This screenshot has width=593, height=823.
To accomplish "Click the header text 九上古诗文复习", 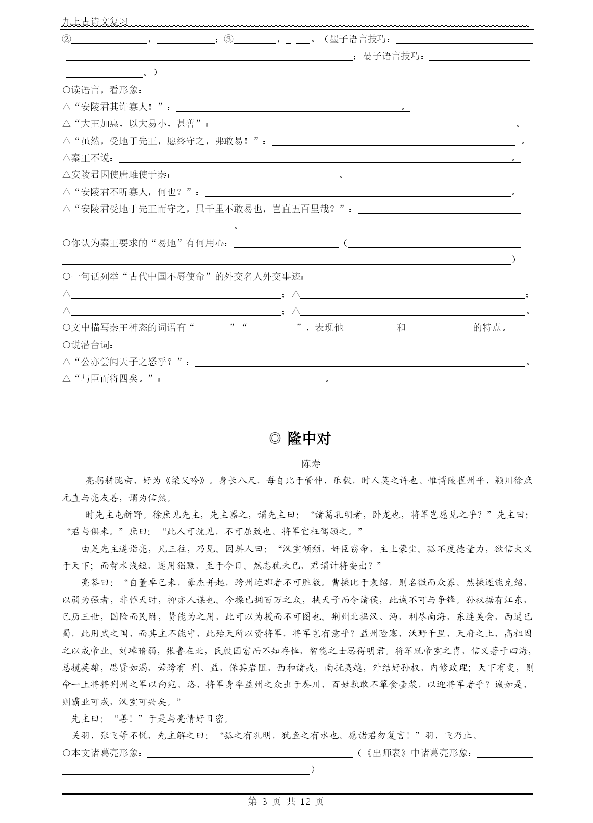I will [x=94, y=22].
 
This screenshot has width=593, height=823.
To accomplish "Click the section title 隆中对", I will [x=309, y=439].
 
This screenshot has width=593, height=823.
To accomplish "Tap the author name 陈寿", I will [x=311, y=464].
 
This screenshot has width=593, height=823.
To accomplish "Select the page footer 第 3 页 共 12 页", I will [x=286, y=801].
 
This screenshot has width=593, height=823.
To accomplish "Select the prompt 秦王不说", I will [x=90, y=159].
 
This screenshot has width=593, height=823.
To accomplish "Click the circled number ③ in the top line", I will [x=229, y=39].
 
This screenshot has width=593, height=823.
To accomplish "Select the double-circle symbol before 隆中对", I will [x=275, y=439].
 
